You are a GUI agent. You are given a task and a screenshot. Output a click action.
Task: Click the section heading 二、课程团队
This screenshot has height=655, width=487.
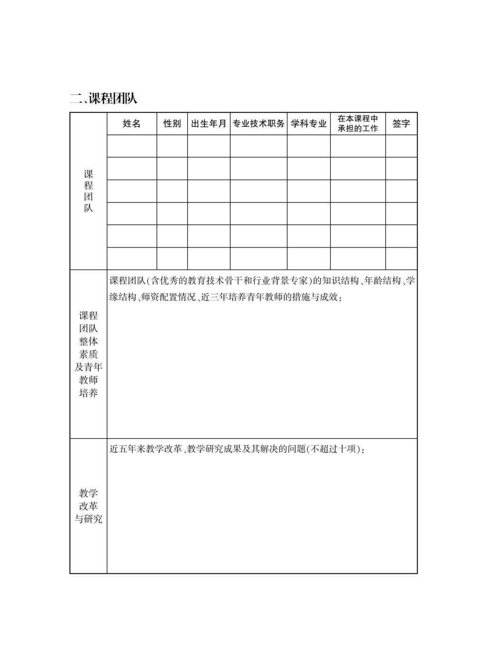click(104, 98)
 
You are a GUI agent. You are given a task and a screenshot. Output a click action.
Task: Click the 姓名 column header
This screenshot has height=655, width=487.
click(132, 123)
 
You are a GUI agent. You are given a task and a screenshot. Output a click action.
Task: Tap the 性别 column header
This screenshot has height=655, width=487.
click(172, 123)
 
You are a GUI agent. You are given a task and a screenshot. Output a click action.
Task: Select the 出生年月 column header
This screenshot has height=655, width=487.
click(209, 123)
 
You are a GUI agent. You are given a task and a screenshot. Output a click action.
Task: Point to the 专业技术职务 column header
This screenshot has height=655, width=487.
click(258, 123)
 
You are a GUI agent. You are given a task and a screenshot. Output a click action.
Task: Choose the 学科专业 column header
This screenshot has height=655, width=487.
click(309, 123)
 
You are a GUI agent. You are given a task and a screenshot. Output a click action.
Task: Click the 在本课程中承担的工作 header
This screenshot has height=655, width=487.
click(358, 123)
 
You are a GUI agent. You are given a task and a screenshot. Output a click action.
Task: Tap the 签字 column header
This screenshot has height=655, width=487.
click(401, 123)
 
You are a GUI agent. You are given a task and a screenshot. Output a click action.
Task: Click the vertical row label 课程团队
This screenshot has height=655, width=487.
click(88, 191)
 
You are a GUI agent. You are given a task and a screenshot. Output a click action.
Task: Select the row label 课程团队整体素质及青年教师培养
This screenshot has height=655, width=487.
click(88, 354)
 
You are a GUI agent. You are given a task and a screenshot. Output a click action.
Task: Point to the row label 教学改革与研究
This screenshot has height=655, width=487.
click(88, 506)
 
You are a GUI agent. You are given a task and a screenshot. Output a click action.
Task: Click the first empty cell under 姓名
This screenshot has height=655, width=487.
click(132, 146)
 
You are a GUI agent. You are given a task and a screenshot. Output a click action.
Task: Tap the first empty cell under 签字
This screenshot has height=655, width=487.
click(401, 146)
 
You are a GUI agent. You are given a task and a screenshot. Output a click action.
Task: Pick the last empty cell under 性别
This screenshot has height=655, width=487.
click(172, 258)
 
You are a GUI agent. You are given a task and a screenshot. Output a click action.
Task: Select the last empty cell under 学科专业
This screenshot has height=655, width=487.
click(309, 258)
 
